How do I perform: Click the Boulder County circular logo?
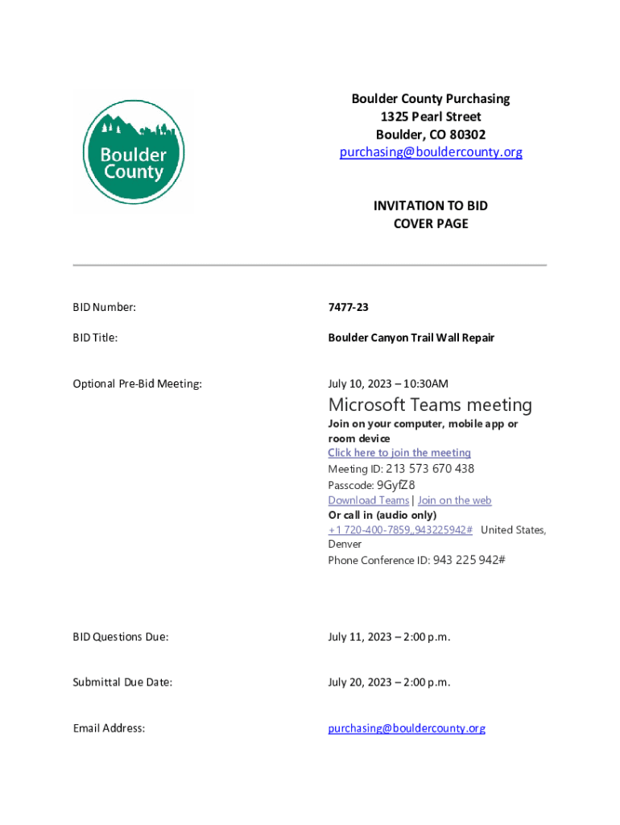[134, 152]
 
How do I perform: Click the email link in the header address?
[430, 152]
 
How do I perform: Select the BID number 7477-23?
[348, 307]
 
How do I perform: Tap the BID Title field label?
[95, 338]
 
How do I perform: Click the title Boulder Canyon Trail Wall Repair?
[411, 338]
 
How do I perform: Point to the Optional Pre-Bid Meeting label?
[137, 383]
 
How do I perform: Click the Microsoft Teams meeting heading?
[430, 404]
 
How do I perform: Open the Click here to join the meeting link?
[399, 453]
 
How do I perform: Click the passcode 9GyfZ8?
[395, 485]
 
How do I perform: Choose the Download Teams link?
[368, 500]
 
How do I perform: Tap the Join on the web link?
[454, 500]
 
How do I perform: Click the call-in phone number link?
[400, 529]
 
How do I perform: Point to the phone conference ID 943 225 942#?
[469, 560]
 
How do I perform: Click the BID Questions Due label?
[121, 637]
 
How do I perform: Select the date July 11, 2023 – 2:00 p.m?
[389, 637]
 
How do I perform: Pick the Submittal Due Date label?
[122, 682]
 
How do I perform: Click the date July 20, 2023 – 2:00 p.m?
[389, 682]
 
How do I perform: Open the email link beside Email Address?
[407, 728]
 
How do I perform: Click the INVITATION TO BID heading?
[430, 206]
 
